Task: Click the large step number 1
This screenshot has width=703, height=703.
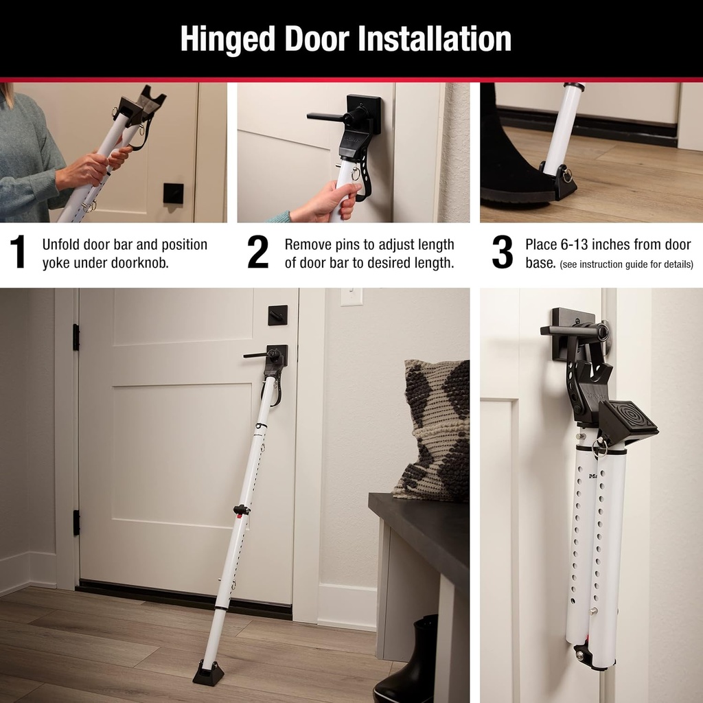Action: point(19,253)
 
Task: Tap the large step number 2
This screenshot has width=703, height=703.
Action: point(258,253)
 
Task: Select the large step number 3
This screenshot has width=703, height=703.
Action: point(503,253)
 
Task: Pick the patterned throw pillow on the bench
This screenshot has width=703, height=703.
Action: point(433,431)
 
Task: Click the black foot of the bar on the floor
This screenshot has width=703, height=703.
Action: point(208,673)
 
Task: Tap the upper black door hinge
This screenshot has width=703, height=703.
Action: point(76,337)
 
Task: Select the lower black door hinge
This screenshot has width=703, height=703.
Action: point(76,522)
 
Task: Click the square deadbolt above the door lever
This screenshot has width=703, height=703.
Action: point(277,315)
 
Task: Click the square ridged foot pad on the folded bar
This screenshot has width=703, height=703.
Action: point(627,420)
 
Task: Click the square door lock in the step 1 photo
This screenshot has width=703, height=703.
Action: point(173,193)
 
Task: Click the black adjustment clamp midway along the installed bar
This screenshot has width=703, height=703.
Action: point(241,509)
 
